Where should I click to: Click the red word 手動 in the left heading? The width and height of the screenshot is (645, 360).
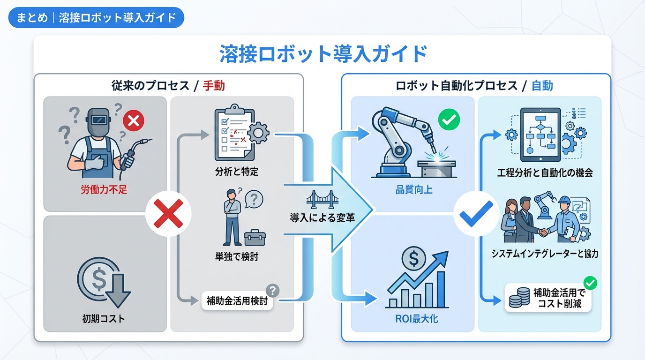click(x=214, y=86)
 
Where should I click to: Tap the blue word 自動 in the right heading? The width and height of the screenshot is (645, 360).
click(x=542, y=86)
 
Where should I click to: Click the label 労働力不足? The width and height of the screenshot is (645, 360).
click(x=104, y=190)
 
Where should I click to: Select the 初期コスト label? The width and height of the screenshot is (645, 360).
click(x=104, y=319)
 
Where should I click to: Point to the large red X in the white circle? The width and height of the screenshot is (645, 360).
click(x=168, y=214)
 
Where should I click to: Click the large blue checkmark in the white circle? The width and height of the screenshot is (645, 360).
click(x=476, y=214)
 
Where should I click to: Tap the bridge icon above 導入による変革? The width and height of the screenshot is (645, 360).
click(x=322, y=199)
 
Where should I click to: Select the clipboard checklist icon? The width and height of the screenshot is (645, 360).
click(x=235, y=132)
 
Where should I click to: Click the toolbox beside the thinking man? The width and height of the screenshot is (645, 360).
click(x=255, y=238)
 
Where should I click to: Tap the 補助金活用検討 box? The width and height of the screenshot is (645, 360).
click(x=237, y=301)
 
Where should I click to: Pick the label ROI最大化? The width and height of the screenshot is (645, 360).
click(x=417, y=319)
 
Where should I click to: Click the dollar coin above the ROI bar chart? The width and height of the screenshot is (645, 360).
click(x=414, y=258)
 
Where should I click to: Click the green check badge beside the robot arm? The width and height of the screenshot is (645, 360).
click(x=449, y=120)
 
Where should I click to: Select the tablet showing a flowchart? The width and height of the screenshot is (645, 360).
click(x=540, y=135)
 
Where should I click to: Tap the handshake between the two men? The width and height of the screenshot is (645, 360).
click(x=543, y=232)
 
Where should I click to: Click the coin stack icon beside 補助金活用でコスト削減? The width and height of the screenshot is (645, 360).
click(x=519, y=298)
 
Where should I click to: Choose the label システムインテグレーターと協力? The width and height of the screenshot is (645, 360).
click(x=545, y=254)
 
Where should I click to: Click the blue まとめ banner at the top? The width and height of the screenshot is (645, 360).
click(x=96, y=17)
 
